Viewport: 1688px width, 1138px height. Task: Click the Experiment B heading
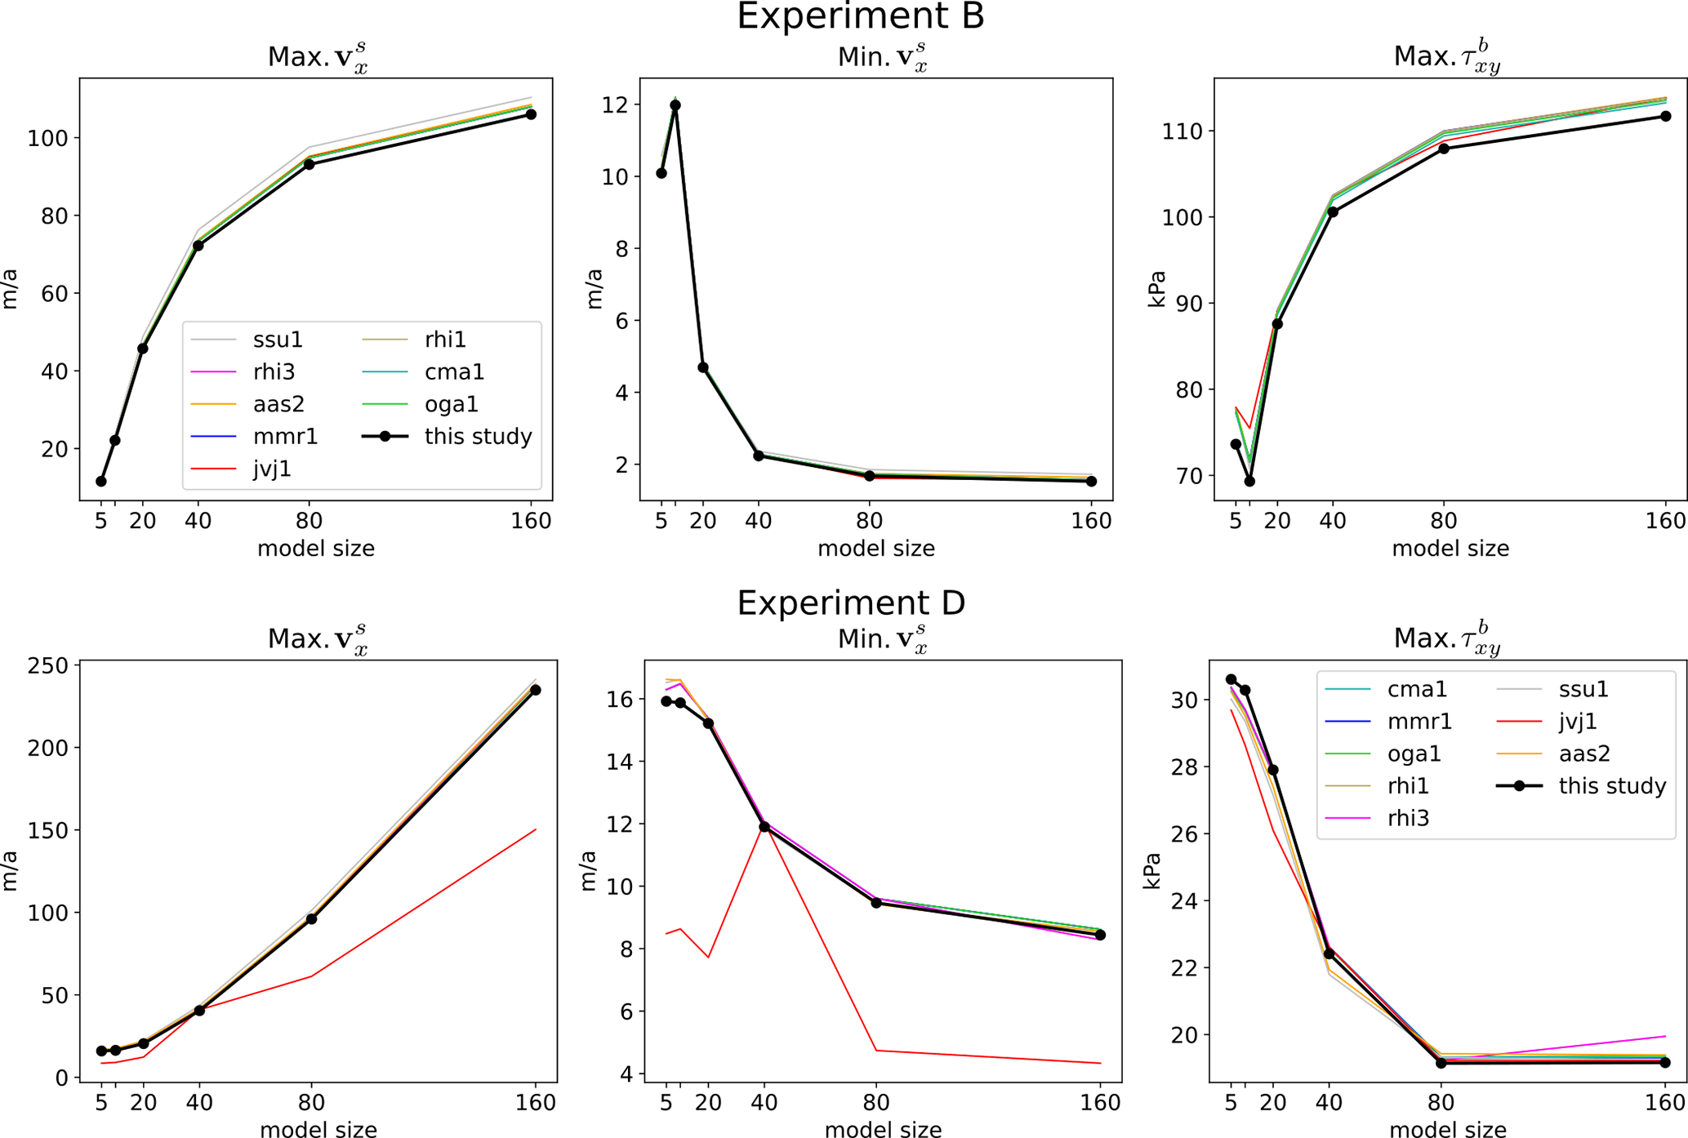[860, 17]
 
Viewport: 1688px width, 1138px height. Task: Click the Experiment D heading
[851, 603]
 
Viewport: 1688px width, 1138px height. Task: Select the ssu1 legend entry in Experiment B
[278, 340]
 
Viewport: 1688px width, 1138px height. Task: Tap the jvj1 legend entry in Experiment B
[272, 469]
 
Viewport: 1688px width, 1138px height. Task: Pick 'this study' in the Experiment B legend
[478, 437]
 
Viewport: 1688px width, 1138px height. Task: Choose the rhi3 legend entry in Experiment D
[1408, 818]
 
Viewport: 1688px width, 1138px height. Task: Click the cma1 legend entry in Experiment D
[1417, 690]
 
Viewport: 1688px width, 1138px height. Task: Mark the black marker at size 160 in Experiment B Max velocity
[531, 114]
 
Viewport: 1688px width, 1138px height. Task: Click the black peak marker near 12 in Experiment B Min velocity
[675, 105]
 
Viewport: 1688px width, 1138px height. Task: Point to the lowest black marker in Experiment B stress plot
[1249, 482]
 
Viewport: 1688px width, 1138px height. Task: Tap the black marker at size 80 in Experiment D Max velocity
[311, 919]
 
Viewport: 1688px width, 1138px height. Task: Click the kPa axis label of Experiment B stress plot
[1157, 289]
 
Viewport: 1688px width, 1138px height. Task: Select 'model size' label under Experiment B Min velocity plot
[875, 549]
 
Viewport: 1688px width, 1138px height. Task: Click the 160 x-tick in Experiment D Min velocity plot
[1100, 1103]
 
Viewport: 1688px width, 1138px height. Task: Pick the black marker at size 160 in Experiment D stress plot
[1665, 1062]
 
